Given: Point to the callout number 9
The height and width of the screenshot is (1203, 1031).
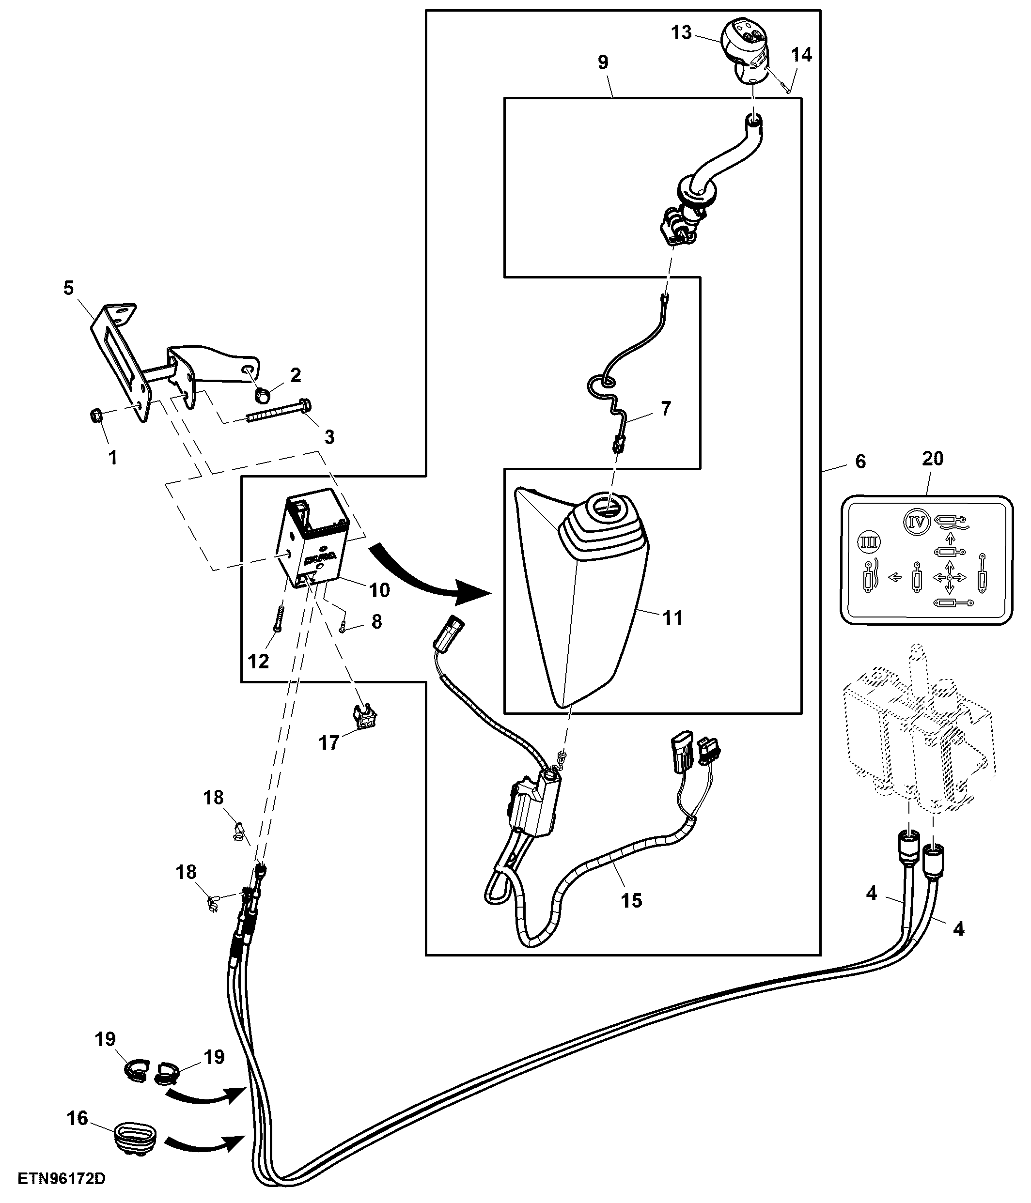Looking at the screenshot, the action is pyautogui.click(x=602, y=62).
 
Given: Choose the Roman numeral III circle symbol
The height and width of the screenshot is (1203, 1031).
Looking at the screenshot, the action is pyautogui.click(x=870, y=543).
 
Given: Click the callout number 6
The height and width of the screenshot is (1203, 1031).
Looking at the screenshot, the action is pyautogui.click(x=860, y=461).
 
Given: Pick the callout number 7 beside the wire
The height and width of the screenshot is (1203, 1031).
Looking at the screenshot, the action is pyautogui.click(x=666, y=408).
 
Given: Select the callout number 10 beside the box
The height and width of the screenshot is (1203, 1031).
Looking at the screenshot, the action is pyautogui.click(x=379, y=590).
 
